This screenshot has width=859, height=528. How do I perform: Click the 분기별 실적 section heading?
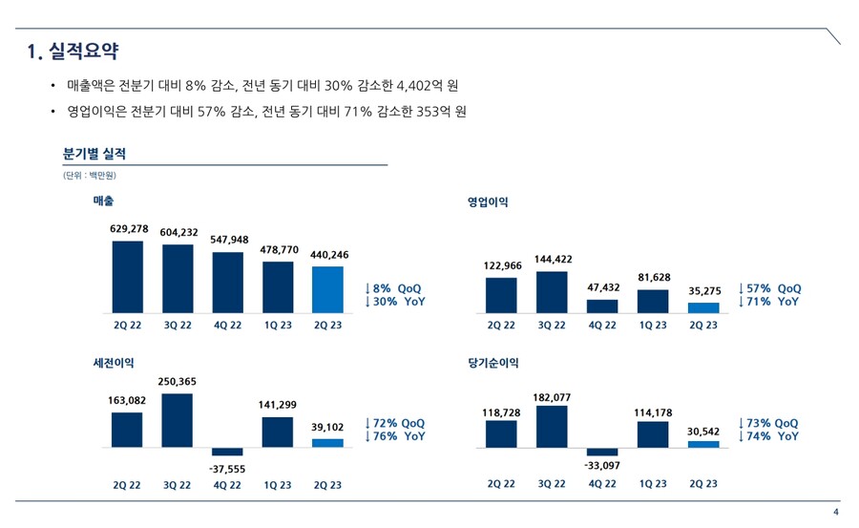point(94,154)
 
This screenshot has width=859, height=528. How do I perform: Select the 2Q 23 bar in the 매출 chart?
point(327,289)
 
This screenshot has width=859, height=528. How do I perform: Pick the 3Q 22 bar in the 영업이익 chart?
point(552,292)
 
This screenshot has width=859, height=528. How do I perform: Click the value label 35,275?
point(704,290)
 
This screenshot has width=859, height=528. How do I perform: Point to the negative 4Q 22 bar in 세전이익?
point(227,452)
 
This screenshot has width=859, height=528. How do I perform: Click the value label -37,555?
point(227,469)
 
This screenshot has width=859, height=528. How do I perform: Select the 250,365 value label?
point(177,381)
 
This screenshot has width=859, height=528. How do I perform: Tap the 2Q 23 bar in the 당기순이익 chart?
point(703,444)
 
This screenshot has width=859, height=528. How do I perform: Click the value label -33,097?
point(602,465)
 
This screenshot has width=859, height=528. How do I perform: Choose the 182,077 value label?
point(551,396)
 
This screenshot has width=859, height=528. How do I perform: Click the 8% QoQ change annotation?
point(393,288)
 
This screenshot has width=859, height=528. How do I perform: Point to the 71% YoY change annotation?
point(769,302)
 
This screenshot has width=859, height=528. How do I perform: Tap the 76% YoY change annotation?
point(395,436)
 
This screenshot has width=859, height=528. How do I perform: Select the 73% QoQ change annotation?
point(769,423)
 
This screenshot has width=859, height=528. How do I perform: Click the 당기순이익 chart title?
point(492,363)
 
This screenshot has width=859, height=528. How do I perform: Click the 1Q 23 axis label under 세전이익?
point(277,485)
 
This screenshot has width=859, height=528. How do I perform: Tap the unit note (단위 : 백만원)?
point(89,176)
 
